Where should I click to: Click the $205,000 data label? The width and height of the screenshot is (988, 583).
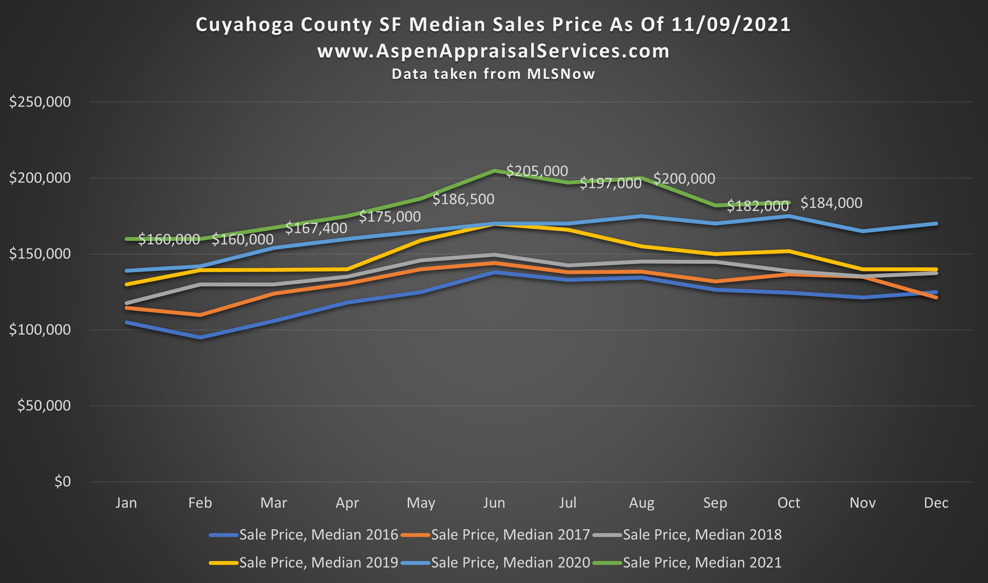tap(537, 171)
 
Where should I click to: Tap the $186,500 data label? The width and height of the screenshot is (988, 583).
tap(463, 199)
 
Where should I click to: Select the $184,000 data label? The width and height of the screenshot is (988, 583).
tap(831, 203)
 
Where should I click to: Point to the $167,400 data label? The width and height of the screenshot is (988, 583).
tap(316, 228)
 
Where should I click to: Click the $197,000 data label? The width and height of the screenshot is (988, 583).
tap(610, 183)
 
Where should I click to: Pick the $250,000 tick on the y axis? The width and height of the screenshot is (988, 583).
tap(40, 102)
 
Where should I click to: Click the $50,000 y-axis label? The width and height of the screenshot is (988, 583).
tap(44, 405)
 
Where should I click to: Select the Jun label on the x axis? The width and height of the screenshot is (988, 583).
tap(494, 503)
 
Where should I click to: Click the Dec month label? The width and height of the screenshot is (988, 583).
tap(936, 503)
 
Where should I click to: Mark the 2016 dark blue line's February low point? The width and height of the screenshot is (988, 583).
tap(200, 337)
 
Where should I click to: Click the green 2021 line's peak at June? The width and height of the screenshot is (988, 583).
tap(494, 170)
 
